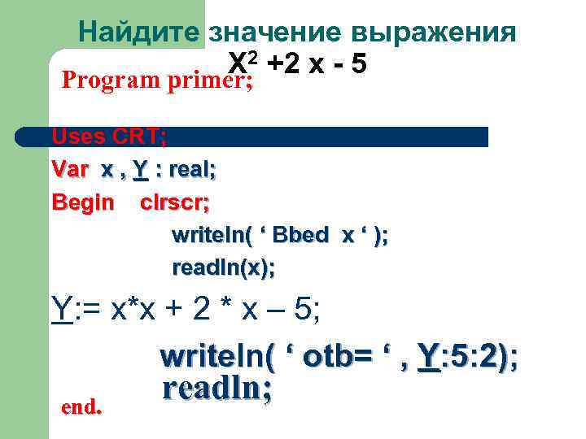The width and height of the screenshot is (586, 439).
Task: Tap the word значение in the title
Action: [276, 33]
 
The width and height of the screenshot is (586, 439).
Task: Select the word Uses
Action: [74, 137]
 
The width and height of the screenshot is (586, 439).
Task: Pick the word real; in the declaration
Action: [189, 170]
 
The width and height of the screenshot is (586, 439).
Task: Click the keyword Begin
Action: [82, 202]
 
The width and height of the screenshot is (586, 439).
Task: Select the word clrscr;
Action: [174, 202]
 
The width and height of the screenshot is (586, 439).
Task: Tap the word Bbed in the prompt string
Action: [300, 235]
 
